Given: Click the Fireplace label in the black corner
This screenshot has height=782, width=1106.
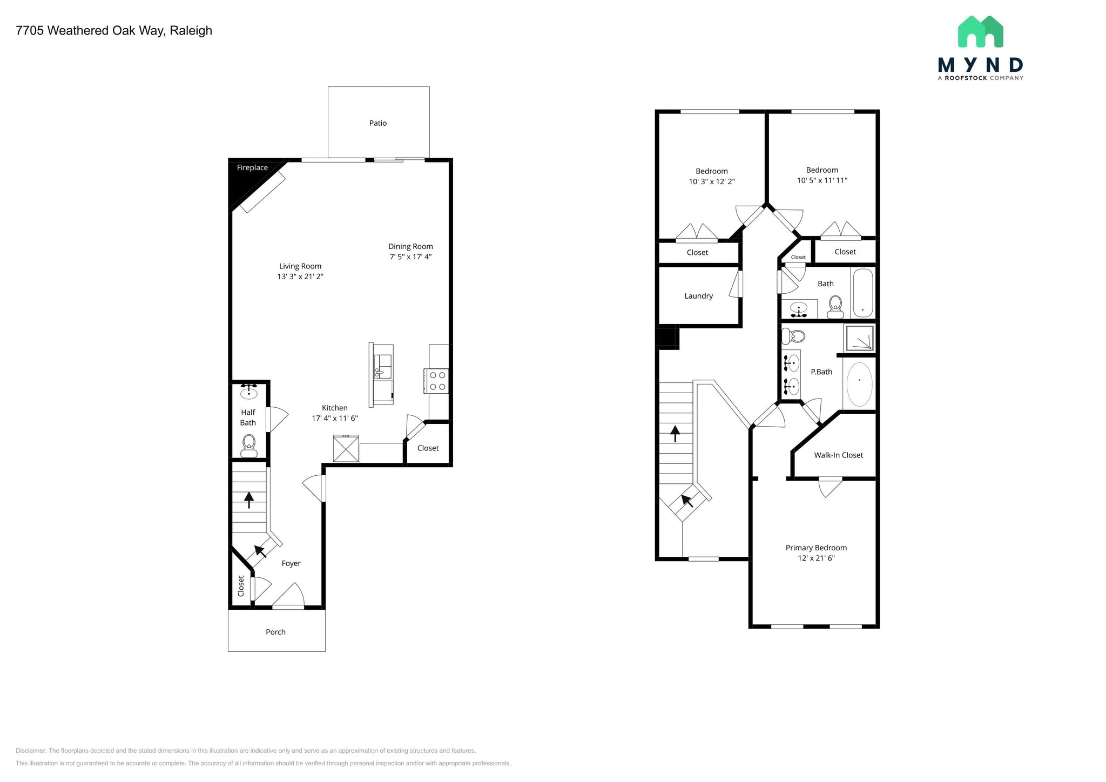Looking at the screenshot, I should pos(252,168).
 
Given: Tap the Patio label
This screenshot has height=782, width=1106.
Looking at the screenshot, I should pos(378,123).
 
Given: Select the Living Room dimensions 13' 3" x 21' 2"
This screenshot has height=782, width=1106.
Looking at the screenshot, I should pos(300,277).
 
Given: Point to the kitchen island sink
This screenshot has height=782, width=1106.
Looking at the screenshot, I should pos(383,367).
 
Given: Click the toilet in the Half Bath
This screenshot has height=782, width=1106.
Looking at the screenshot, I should pos(248,445).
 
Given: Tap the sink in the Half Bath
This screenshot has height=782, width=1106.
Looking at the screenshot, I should pos(248,391).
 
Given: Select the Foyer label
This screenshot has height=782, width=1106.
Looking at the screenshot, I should pos(291,563).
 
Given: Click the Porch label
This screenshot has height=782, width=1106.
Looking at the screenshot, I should pos(275,632).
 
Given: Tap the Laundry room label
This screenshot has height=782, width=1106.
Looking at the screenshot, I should pos(698,296).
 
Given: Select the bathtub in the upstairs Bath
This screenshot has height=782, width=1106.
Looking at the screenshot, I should pos(862,293).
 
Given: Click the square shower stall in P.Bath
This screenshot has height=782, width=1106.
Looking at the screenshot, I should pos(859,339).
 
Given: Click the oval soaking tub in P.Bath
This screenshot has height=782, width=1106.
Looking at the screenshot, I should pos(859,383).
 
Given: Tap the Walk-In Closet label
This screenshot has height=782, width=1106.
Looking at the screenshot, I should pos(838,455).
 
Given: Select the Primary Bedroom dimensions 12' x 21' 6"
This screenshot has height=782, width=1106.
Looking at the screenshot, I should pos(816,558).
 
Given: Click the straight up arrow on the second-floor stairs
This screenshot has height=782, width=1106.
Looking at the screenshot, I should pos(675,433).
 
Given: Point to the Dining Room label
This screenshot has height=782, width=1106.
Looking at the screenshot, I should pos(410,246).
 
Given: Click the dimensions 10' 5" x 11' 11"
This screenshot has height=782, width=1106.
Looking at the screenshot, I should pos(822,180).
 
